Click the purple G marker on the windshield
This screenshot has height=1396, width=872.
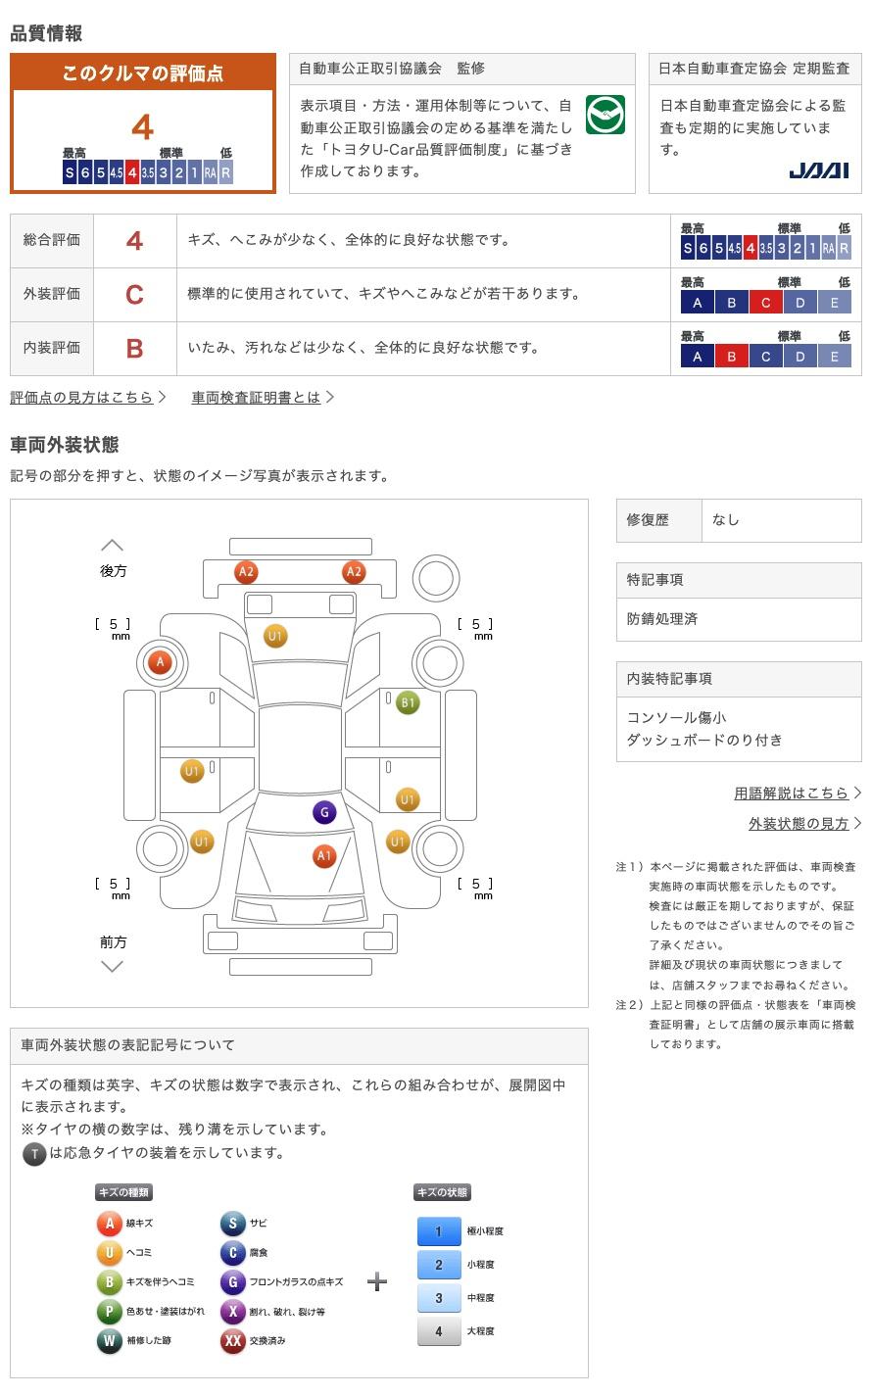tap(324, 812)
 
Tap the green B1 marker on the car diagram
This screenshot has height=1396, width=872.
tap(408, 702)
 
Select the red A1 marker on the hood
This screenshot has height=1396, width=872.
tap(324, 855)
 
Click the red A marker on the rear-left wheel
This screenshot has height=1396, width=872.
tap(160, 662)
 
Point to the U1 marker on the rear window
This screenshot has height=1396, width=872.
tap(275, 636)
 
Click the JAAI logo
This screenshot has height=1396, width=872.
tap(819, 170)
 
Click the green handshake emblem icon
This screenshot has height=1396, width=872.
tap(606, 115)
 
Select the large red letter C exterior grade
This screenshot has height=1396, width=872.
tap(134, 295)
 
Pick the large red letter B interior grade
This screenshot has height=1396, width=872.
tap(134, 349)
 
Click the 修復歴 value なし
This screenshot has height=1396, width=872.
tap(726, 520)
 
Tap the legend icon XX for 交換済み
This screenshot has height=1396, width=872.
tap(232, 1340)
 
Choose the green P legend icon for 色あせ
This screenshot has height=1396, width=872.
tap(109, 1311)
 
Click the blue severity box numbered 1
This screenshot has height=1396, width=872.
tap(439, 1230)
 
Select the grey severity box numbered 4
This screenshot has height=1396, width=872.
tap(439, 1330)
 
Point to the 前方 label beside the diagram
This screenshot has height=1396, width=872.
tap(113, 941)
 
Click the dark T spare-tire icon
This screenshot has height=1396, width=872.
tap(34, 1154)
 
